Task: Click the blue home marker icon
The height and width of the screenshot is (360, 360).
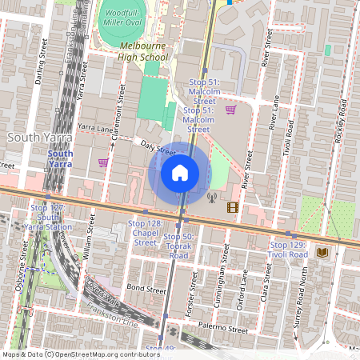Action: tap(180, 173)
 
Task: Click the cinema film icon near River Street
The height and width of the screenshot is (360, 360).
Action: tap(232, 208)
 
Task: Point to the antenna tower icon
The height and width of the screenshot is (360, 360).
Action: tap(212, 196)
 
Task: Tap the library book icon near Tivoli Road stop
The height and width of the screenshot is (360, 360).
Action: tap(322, 252)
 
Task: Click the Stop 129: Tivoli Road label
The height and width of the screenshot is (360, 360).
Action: tap(288, 250)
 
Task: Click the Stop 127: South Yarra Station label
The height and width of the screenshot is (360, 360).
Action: tap(51, 216)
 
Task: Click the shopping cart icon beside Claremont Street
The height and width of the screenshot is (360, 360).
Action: tap(102, 162)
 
